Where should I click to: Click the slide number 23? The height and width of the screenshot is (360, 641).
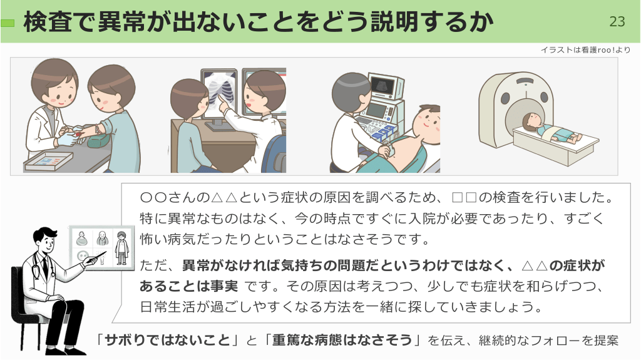(617, 21)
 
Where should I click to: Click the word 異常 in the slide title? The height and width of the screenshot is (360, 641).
(121, 21)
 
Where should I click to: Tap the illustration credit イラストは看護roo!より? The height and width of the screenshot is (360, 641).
(585, 50)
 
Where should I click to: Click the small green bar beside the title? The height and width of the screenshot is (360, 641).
(8, 23)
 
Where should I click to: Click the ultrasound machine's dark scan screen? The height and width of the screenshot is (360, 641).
(382, 85)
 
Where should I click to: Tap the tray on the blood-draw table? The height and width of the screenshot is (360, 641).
(49, 161)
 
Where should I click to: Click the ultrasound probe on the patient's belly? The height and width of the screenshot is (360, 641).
(387, 147)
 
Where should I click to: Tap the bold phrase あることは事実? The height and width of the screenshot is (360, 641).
(188, 286)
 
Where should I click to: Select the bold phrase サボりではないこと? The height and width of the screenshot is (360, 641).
(168, 340)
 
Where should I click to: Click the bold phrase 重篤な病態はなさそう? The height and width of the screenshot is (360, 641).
(342, 340)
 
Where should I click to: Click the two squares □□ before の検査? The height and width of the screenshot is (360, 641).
(464, 198)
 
